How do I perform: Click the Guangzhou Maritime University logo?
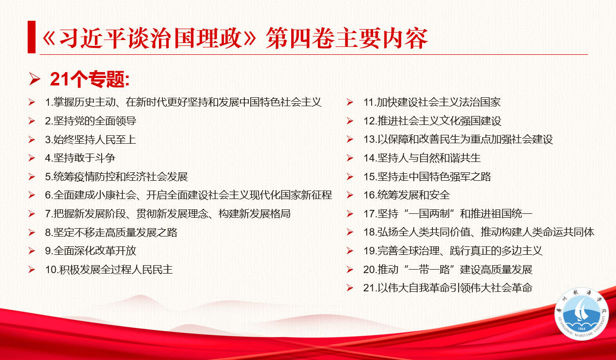click(x=581, y=314)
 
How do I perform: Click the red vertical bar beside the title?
click(x=32, y=37)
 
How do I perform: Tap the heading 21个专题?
click(x=90, y=80)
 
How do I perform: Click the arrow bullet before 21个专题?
click(x=35, y=80)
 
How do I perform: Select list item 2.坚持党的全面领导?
click(x=90, y=121)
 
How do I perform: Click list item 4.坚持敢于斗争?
click(x=80, y=158)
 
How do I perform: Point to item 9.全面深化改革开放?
click(x=90, y=251)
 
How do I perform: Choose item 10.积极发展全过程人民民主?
click(x=109, y=270)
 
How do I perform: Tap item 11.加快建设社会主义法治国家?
click(x=432, y=102)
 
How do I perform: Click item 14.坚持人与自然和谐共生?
click(x=422, y=158)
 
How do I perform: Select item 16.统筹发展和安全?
click(x=406, y=195)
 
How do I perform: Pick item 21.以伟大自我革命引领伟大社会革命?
click(x=448, y=288)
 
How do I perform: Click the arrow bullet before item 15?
click(x=350, y=177)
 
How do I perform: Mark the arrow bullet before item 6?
click(x=32, y=195)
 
